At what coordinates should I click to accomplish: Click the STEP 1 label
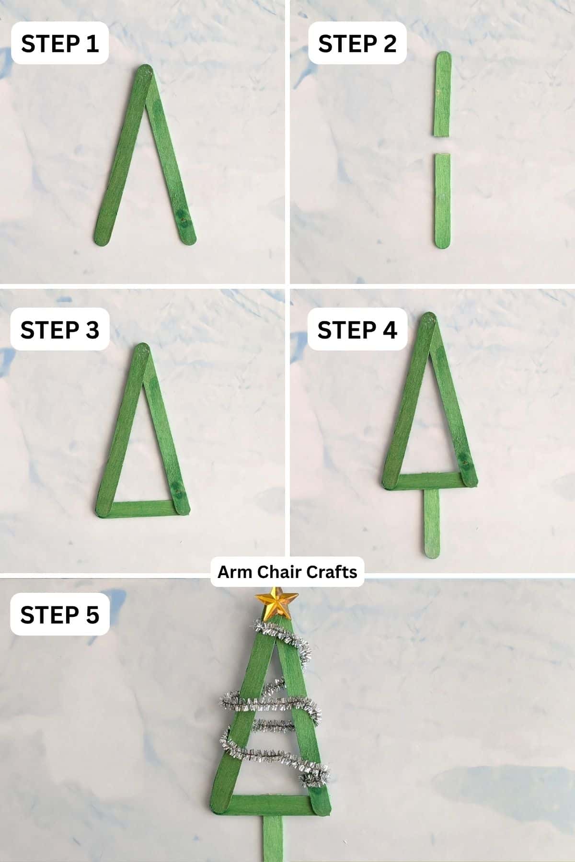point(60,44)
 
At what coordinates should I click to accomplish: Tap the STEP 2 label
point(357,44)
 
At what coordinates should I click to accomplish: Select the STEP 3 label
point(60,330)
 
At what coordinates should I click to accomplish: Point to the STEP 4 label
point(357,330)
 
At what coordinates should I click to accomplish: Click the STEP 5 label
point(60,614)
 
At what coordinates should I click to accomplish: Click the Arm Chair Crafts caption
point(287,572)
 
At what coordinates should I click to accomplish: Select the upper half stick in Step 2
point(443,93)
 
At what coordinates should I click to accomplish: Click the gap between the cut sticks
point(442,145)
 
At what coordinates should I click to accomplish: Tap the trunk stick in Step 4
point(432,522)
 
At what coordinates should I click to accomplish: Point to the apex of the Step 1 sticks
point(145,71)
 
